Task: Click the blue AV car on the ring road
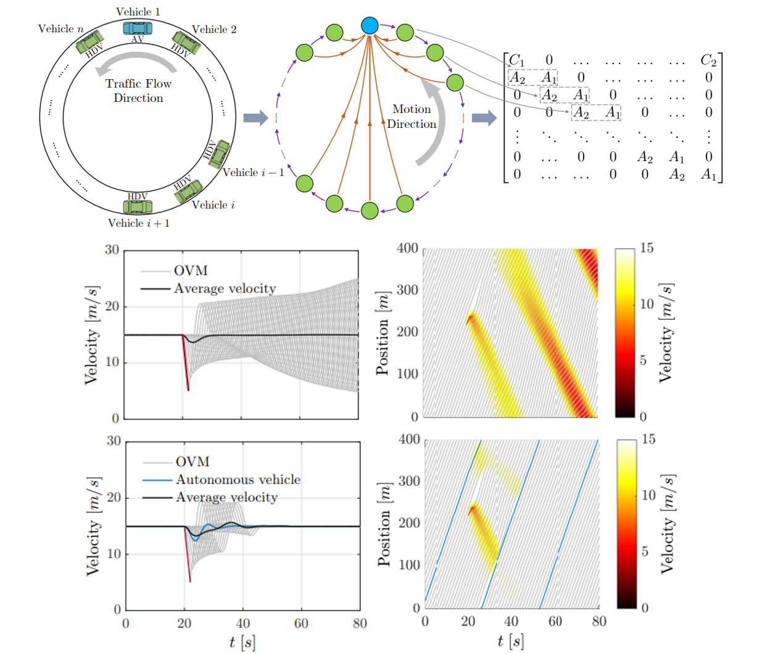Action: [x=137, y=28]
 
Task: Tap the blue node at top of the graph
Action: [x=369, y=25]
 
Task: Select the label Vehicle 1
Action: [x=138, y=12]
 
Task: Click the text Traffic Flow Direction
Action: [x=138, y=91]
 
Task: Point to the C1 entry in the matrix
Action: [x=516, y=61]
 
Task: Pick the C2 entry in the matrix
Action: [x=708, y=61]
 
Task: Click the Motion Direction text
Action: [x=412, y=116]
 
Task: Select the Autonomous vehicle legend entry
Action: [x=238, y=479]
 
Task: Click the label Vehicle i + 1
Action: [x=139, y=223]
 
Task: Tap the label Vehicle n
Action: [x=60, y=29]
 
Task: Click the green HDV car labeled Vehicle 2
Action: [x=186, y=43]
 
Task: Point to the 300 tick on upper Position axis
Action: [x=407, y=290]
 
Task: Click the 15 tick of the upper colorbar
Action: [x=646, y=248]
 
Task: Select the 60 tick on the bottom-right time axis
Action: [x=555, y=621]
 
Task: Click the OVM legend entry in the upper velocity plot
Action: [x=190, y=270]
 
